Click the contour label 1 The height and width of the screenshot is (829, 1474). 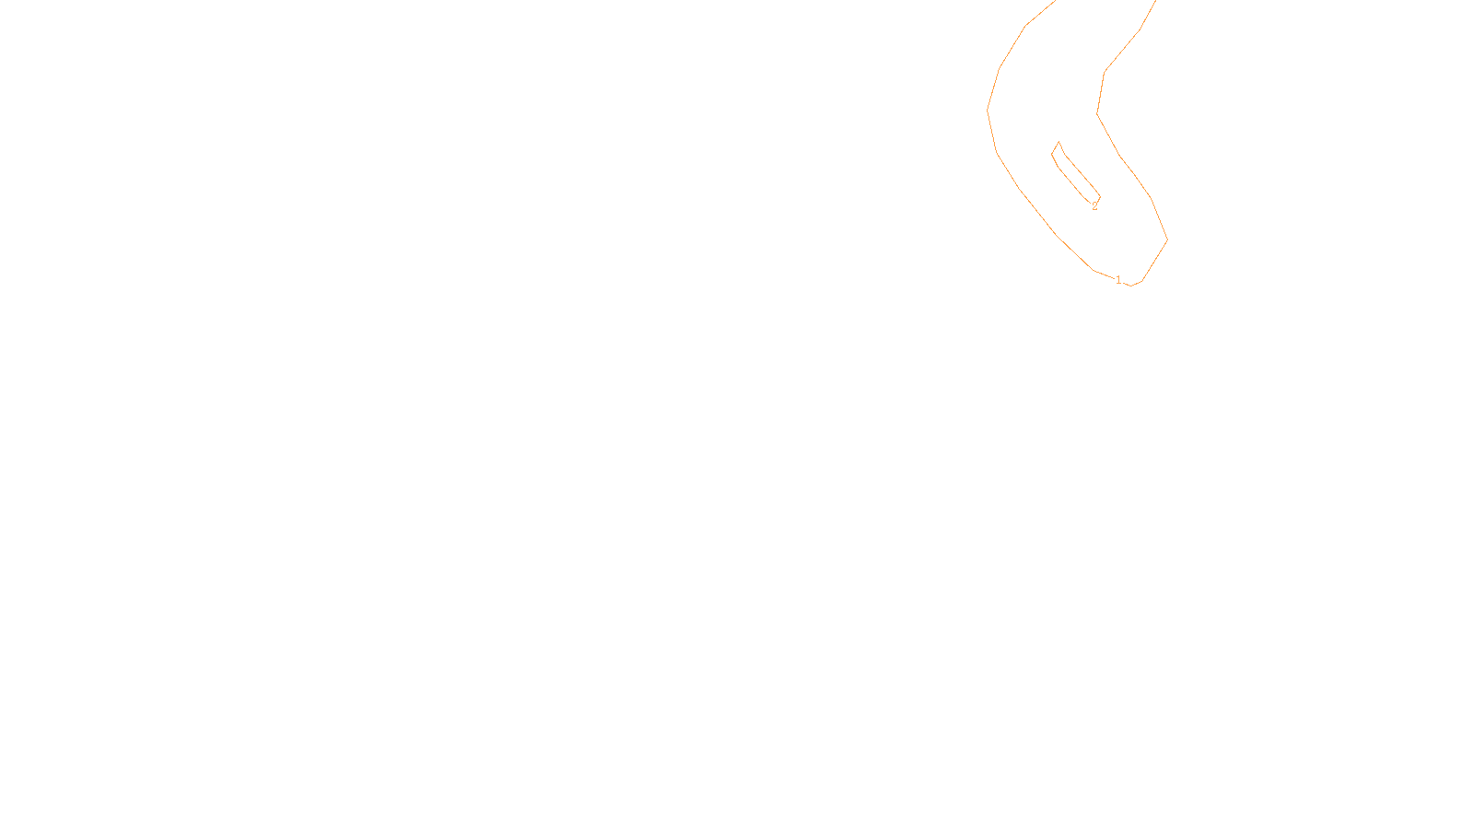click(1118, 280)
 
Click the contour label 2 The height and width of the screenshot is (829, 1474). click(1094, 206)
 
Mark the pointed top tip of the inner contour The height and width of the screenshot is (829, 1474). click(1059, 142)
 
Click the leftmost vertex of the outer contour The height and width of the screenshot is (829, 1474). click(988, 111)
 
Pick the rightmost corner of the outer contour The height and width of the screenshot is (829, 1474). click(1167, 239)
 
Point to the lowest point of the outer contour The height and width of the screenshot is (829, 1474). click(1131, 286)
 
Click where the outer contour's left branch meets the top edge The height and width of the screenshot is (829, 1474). click(1056, 1)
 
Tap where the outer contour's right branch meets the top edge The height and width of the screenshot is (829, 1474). click(1154, 1)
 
